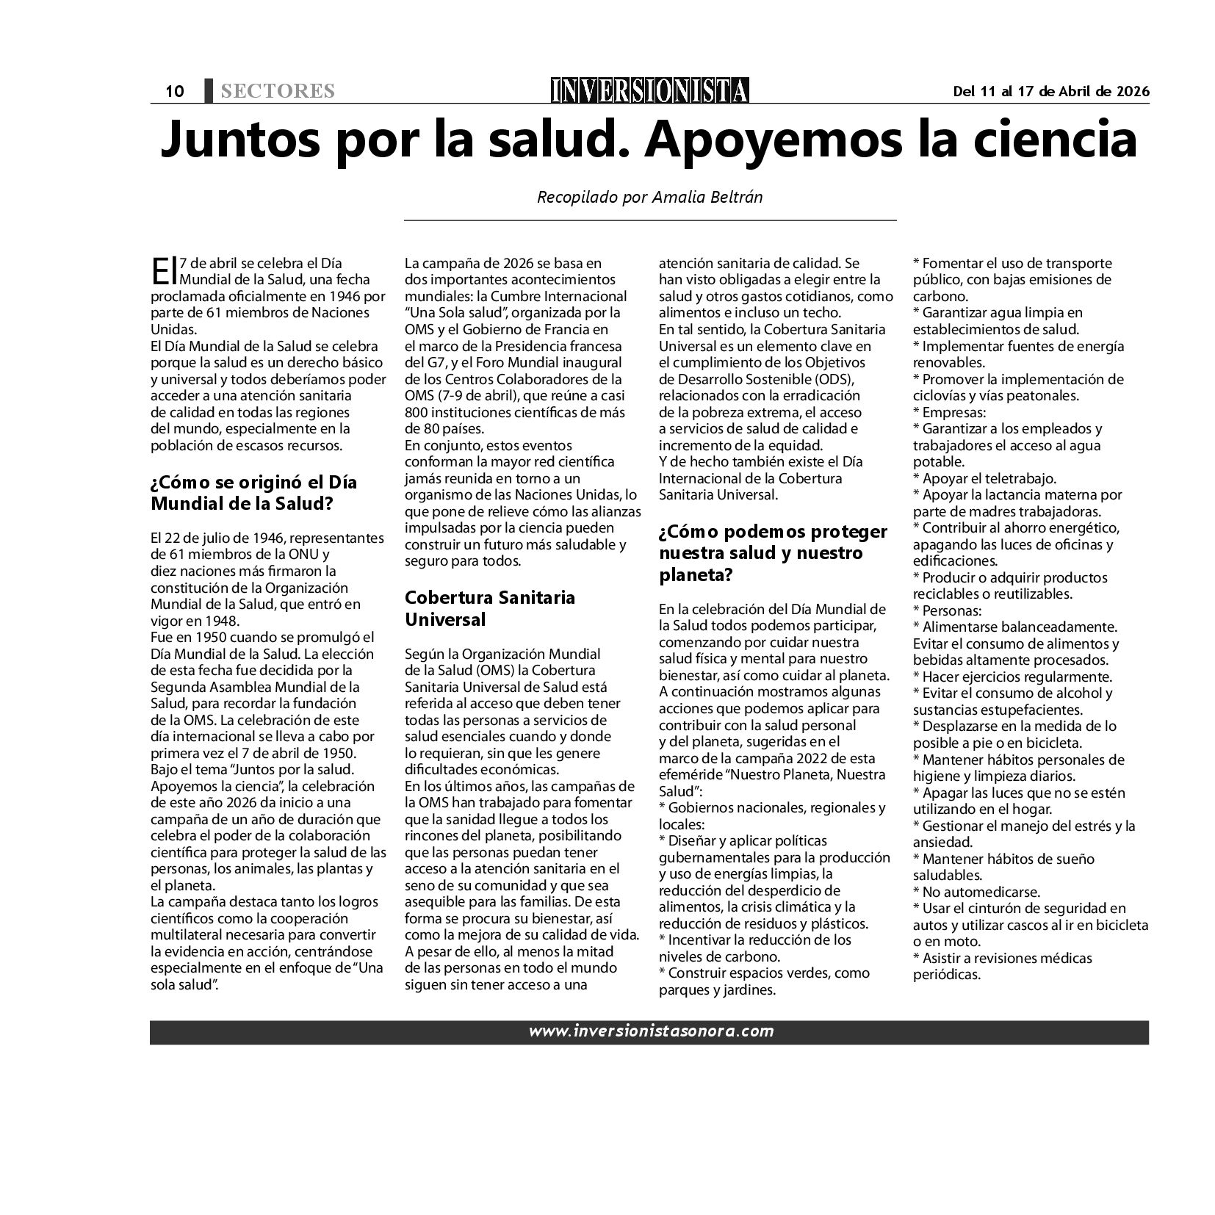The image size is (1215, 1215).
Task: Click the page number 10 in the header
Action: click(x=174, y=91)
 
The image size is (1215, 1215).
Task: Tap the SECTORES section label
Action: click(x=277, y=91)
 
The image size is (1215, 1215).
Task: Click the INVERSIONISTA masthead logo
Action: click(x=650, y=90)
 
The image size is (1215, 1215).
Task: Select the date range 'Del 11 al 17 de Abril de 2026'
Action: click(x=1050, y=91)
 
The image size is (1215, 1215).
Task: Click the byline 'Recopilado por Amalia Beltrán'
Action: click(x=650, y=197)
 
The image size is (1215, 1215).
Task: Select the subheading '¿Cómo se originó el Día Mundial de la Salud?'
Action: click(x=253, y=493)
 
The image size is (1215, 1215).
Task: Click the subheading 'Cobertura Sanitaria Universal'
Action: click(x=490, y=608)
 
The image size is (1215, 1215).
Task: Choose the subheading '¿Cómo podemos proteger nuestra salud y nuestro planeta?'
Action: click(x=773, y=553)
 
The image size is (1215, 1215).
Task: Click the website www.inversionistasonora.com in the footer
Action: click(x=650, y=1031)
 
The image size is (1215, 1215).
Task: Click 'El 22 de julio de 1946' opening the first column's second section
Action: click(x=213, y=538)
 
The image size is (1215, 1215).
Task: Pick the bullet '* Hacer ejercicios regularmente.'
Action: click(x=1012, y=677)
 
